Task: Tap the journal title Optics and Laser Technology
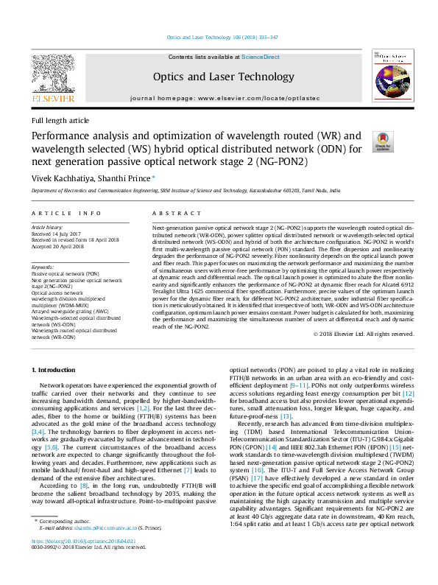pos(213,77)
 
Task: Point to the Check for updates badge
pos(383,142)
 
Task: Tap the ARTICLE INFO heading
pos(66,214)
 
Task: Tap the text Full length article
pos(60,120)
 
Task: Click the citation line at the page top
pos(212,36)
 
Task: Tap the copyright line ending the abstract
pos(364,334)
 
